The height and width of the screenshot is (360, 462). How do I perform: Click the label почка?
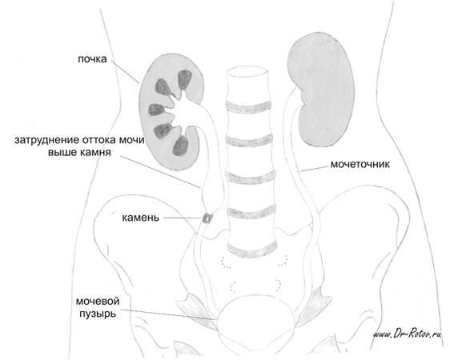click(92, 59)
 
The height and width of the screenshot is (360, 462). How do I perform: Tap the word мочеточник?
click(360, 164)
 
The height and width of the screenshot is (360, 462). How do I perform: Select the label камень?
click(141, 218)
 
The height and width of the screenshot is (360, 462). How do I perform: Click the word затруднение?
click(47, 140)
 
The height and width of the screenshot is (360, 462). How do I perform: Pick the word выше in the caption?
click(62, 153)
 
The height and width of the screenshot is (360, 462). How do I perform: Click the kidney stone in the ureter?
click(207, 218)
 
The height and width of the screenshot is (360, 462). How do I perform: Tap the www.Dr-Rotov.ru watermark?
click(408, 334)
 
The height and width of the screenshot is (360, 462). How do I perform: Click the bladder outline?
click(255, 296)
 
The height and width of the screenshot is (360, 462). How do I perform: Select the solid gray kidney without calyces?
click(320, 89)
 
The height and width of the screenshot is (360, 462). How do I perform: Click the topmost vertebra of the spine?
click(247, 85)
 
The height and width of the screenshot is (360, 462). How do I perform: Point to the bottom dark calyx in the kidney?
click(180, 146)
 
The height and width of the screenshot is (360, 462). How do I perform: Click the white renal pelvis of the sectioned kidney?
click(187, 108)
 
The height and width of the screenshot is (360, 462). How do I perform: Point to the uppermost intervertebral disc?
click(247, 107)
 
